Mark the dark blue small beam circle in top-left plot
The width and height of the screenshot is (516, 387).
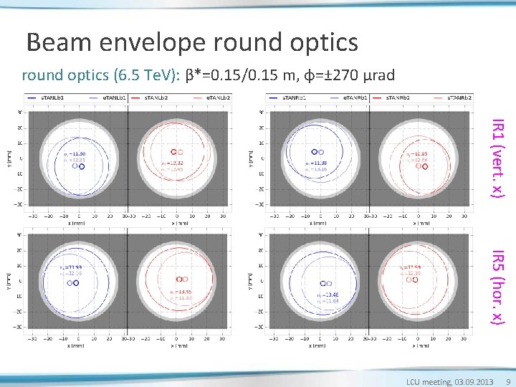82,166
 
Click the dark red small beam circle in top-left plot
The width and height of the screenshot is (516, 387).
173,152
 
